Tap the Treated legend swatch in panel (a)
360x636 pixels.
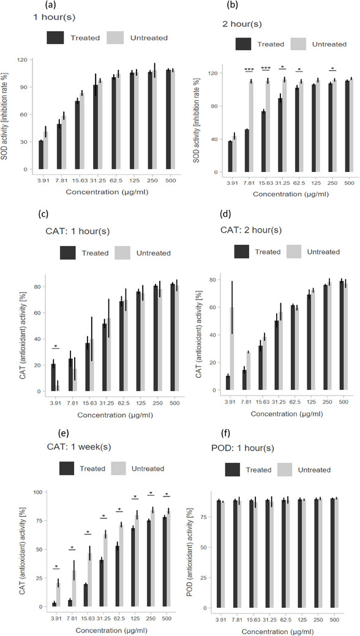(59, 38)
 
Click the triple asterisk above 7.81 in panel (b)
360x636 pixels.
(249, 69)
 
